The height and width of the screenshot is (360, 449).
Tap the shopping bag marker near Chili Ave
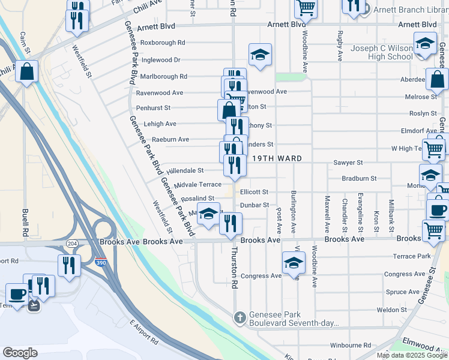pyautogui.click(x=27, y=73)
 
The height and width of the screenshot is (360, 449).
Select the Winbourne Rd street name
pyautogui.click(x=351, y=345)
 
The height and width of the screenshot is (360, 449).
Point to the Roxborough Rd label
pyautogui.click(x=163, y=43)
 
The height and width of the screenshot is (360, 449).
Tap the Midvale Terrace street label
pyautogui.click(x=197, y=184)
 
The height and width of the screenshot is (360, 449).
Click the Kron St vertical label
pyautogui.click(x=376, y=220)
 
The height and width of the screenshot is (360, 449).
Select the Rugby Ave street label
pyautogui.click(x=340, y=46)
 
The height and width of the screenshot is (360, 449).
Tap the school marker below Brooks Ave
pyautogui.click(x=294, y=264)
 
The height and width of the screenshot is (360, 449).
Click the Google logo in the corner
pyautogui.click(x=20, y=352)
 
